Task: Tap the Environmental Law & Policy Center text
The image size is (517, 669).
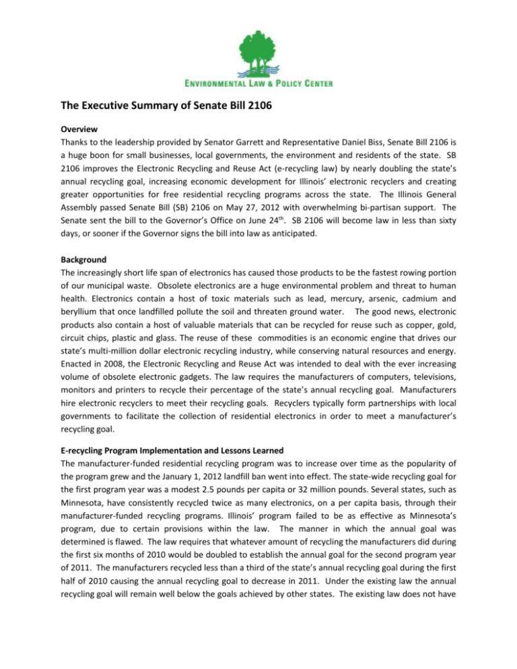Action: click(x=258, y=83)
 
